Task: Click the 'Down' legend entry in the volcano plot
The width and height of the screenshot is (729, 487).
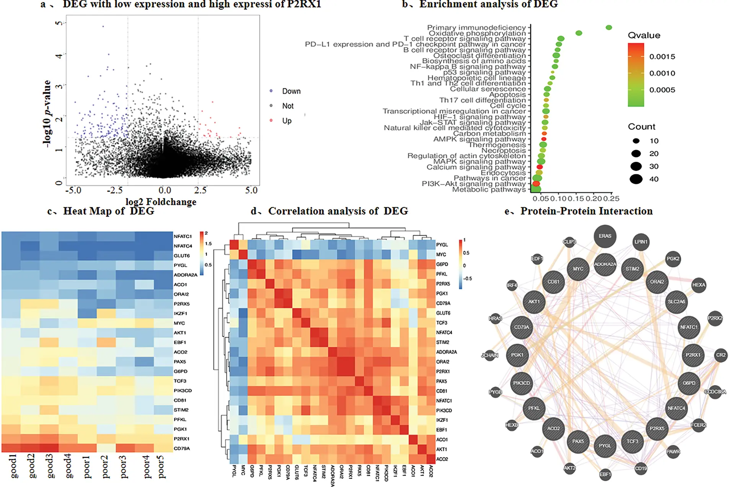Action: click(291, 91)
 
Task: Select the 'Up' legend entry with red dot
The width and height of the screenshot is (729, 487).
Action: click(287, 121)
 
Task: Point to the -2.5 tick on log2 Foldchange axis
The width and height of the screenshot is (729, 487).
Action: click(115, 190)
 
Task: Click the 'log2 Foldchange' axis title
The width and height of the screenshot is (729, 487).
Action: click(161, 202)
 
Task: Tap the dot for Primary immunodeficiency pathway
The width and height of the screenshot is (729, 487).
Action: click(609, 28)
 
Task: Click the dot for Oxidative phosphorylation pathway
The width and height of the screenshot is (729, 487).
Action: click(579, 33)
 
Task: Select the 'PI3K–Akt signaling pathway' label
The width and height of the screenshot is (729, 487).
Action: click(474, 184)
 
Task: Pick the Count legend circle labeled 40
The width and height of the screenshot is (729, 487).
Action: click(636, 179)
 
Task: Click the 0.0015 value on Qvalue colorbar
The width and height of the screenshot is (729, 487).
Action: click(662, 57)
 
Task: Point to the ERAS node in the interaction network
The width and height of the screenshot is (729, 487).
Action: click(605, 236)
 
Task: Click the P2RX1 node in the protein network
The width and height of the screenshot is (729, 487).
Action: click(693, 355)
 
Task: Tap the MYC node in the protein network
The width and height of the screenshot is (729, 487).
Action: click(578, 269)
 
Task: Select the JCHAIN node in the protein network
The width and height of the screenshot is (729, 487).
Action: click(490, 355)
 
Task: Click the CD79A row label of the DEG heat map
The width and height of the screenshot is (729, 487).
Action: click(182, 448)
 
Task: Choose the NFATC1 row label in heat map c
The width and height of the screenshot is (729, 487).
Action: click(183, 236)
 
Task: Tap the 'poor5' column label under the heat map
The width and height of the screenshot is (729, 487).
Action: click(161, 467)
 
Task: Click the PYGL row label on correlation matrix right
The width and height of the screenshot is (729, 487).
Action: click(442, 245)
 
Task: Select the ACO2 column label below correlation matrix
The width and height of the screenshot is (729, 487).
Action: click(431, 471)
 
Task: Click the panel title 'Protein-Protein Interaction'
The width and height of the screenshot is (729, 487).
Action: click(586, 211)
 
